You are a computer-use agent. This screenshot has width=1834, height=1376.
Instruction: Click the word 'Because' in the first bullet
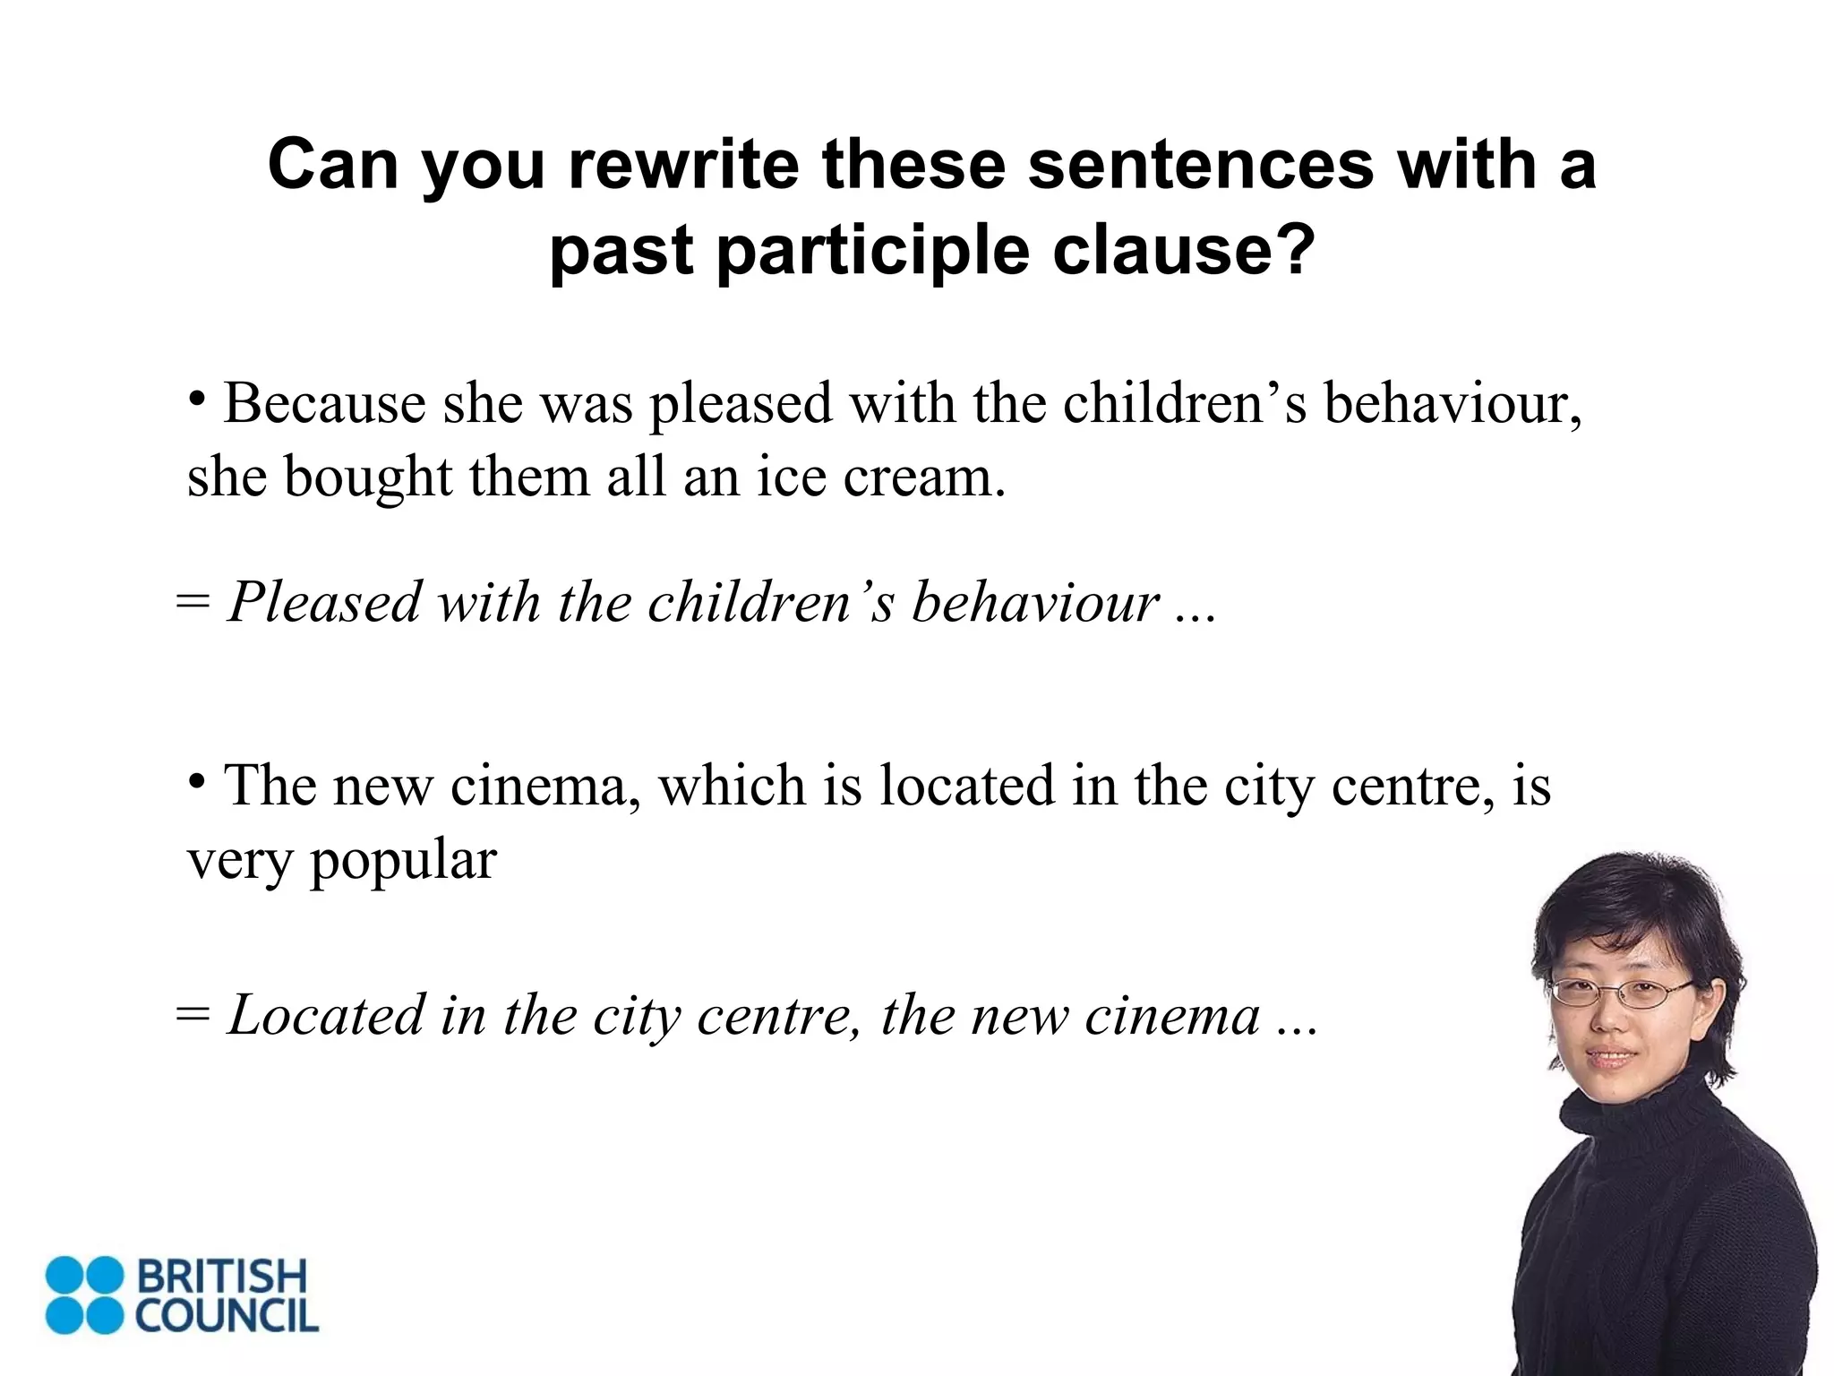(x=324, y=403)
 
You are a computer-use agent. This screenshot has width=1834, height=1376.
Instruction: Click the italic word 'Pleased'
(x=324, y=602)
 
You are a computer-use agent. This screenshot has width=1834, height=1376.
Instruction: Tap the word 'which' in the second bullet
(x=733, y=786)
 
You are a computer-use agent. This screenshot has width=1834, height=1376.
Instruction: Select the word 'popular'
(x=403, y=862)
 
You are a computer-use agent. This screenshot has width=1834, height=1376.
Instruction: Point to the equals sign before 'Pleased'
(x=193, y=602)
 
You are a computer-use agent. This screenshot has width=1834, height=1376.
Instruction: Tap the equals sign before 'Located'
(x=193, y=1015)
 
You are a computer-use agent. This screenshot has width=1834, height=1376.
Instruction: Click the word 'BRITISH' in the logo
(x=221, y=1277)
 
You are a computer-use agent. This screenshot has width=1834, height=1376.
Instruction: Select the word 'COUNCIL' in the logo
(x=227, y=1314)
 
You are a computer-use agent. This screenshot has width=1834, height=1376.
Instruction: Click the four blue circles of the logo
(x=84, y=1294)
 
